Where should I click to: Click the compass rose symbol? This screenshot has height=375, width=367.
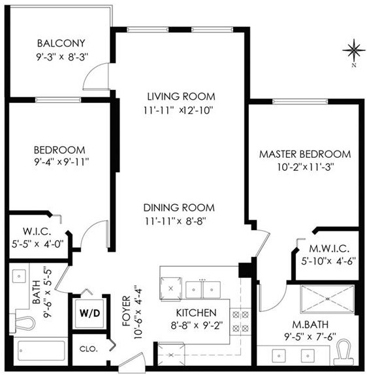tap(353, 50)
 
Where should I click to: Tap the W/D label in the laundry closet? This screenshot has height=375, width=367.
tap(89, 313)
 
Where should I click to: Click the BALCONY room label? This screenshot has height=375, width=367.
tap(61, 43)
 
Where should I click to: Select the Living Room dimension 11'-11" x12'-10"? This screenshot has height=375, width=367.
tap(178, 110)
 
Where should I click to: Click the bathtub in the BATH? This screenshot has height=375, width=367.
tap(41, 350)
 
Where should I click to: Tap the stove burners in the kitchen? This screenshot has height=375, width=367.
tap(240, 322)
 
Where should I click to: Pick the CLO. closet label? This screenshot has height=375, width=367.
tap(89, 349)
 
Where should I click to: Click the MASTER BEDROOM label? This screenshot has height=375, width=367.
tap(305, 154)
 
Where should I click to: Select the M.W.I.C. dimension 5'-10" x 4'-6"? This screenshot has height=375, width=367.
tap(328, 261)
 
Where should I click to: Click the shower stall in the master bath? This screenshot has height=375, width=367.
tap(327, 299)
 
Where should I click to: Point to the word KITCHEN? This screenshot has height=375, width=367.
tap(196, 312)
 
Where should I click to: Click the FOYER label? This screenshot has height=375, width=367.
tap(127, 311)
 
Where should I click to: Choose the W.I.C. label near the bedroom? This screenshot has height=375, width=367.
tap(37, 232)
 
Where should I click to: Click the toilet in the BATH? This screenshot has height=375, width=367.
tap(24, 323)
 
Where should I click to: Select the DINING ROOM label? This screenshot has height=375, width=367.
tap(179, 207)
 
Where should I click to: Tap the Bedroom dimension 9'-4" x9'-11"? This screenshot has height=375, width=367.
tap(61, 162)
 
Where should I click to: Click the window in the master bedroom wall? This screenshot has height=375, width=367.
tap(300, 102)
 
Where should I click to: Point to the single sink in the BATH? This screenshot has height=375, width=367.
tap(19, 277)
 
